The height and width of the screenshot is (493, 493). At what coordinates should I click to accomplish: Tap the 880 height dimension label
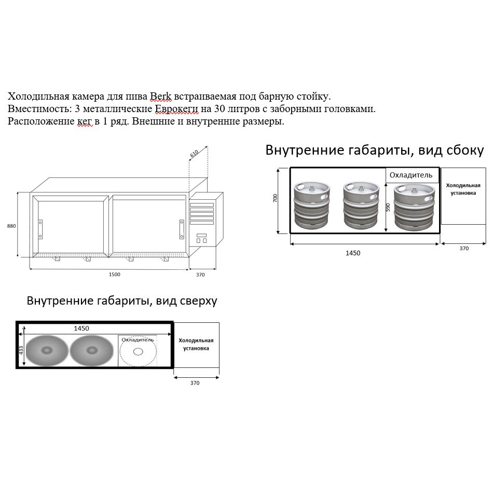11,226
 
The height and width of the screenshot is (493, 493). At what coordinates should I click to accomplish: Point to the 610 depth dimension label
195,154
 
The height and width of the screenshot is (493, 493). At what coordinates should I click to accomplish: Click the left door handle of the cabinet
40,229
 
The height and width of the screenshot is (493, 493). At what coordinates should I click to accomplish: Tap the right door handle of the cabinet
182,229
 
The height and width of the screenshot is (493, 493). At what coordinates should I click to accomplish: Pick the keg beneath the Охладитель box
413,206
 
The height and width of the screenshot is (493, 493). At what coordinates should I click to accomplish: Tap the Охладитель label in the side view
411,175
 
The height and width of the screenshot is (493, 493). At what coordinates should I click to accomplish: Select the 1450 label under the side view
353,253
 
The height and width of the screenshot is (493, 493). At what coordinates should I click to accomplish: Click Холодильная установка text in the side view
463,188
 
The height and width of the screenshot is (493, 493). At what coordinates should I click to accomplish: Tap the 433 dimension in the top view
21,350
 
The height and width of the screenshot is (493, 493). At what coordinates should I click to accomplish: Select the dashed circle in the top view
138,352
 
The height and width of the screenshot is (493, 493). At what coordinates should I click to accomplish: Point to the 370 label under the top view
195,383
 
